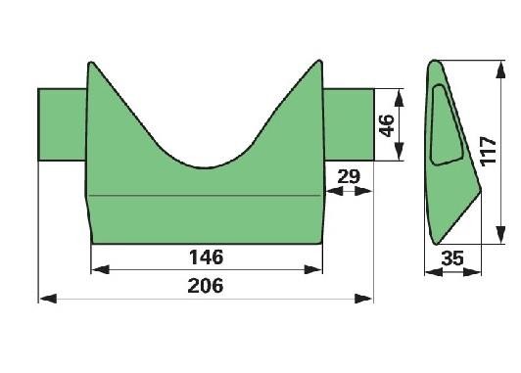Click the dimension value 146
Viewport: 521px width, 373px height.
coord(206,257)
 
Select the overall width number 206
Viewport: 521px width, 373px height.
coord(206,286)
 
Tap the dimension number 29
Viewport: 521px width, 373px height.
coord(349,176)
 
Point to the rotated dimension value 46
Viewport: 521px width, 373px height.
coord(387,125)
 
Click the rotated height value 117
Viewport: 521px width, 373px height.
coord(488,151)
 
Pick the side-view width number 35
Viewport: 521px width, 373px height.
coord(452,258)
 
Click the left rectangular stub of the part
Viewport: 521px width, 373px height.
coord(62,124)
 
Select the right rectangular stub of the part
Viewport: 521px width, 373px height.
coord(349,124)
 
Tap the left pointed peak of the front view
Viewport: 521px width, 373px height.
coord(91,63)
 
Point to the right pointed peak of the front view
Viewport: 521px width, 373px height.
coord(319,61)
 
